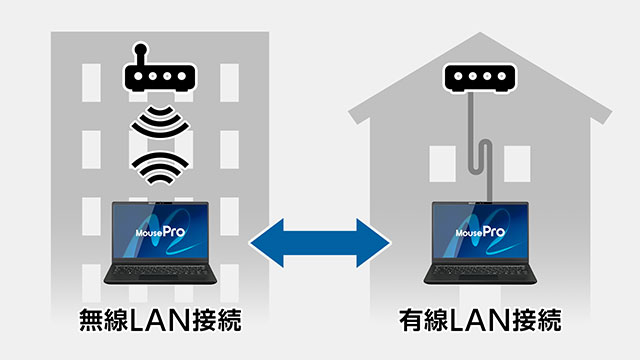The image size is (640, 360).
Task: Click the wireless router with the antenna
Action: point(160,76)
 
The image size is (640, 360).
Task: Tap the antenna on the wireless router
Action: point(141,50)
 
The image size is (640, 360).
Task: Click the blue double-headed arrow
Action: point(320,240)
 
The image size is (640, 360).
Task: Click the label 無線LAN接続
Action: point(160,322)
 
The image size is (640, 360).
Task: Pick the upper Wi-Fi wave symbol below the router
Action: point(160,124)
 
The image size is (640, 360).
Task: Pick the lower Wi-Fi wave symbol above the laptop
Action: point(160,166)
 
